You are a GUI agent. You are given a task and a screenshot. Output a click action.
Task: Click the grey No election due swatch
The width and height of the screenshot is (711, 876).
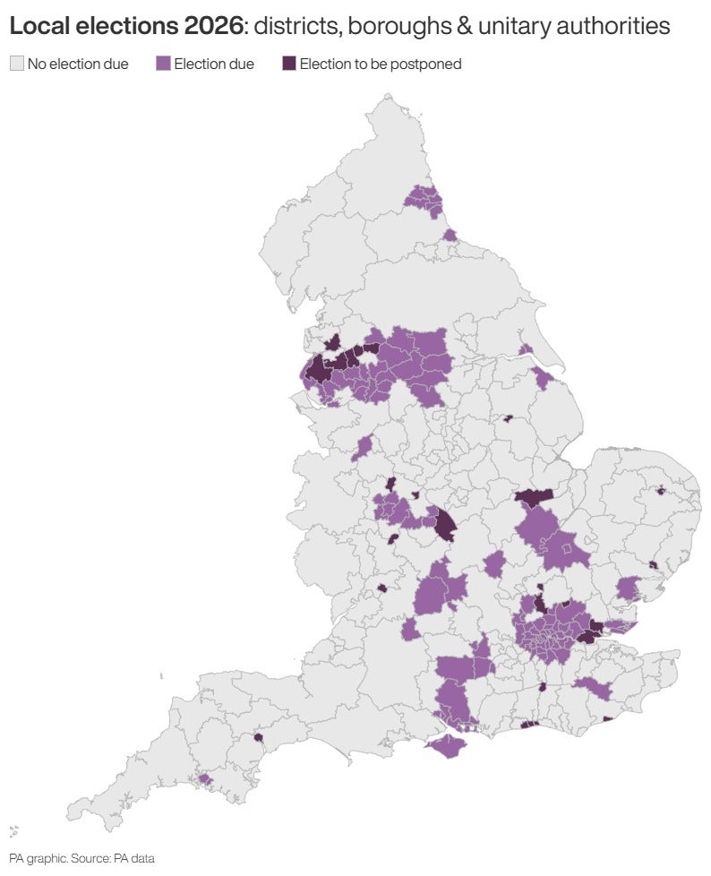16,64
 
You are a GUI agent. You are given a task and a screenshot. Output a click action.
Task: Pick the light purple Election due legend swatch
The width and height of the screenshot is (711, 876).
163,64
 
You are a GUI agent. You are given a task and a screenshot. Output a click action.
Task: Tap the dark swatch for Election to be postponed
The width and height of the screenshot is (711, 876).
289,64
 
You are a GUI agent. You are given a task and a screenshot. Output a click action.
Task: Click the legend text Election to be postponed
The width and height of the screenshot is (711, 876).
380,64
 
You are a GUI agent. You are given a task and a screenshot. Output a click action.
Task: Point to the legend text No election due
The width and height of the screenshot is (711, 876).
78,64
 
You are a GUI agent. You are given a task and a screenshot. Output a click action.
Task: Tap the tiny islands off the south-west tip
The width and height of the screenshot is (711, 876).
14,831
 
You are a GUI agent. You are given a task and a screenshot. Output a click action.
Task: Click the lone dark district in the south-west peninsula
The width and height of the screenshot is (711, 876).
258,739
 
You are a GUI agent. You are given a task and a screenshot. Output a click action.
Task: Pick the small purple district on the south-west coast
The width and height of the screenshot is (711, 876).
205,779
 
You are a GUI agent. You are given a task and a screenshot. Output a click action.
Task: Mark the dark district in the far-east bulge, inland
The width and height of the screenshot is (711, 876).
661,490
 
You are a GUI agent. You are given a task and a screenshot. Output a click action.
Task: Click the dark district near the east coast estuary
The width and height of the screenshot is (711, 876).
653,565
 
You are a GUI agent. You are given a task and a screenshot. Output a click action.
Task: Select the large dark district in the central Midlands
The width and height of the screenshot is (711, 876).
445,525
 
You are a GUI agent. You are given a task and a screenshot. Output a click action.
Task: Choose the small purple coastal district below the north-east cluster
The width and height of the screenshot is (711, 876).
450,235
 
